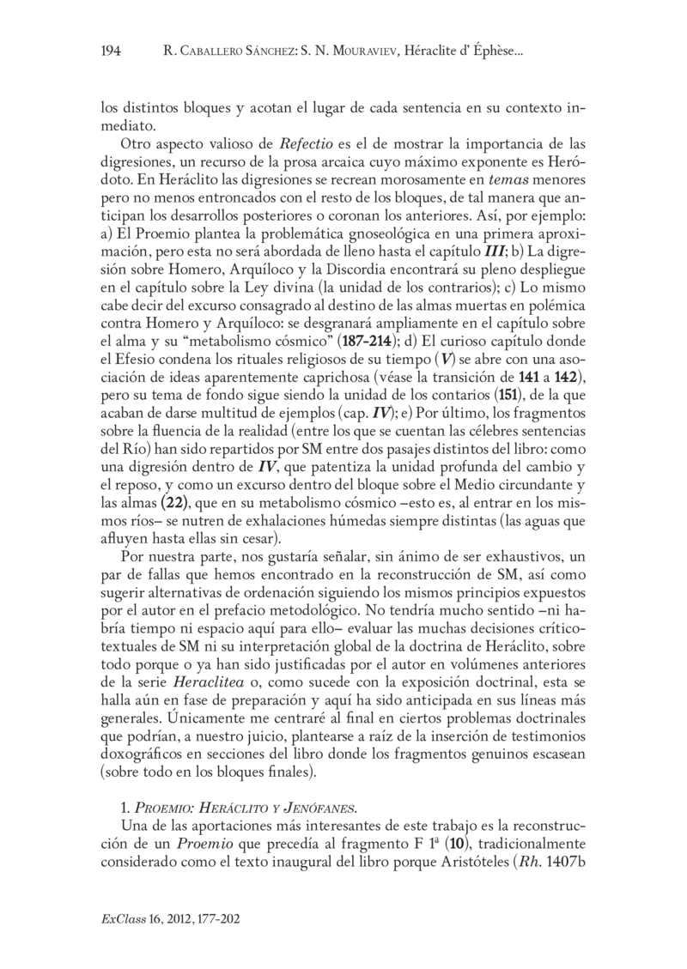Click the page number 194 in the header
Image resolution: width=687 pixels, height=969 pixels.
click(111, 52)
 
